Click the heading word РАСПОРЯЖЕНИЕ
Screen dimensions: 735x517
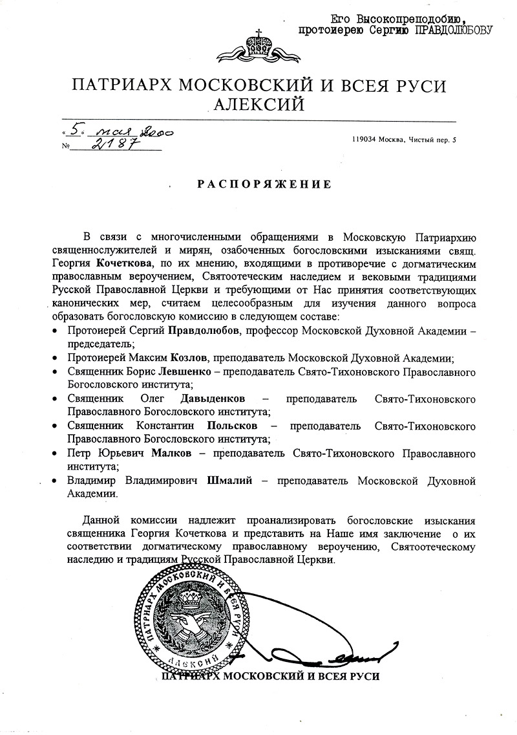pos(264,184)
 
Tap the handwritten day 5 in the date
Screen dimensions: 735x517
pos(77,128)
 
